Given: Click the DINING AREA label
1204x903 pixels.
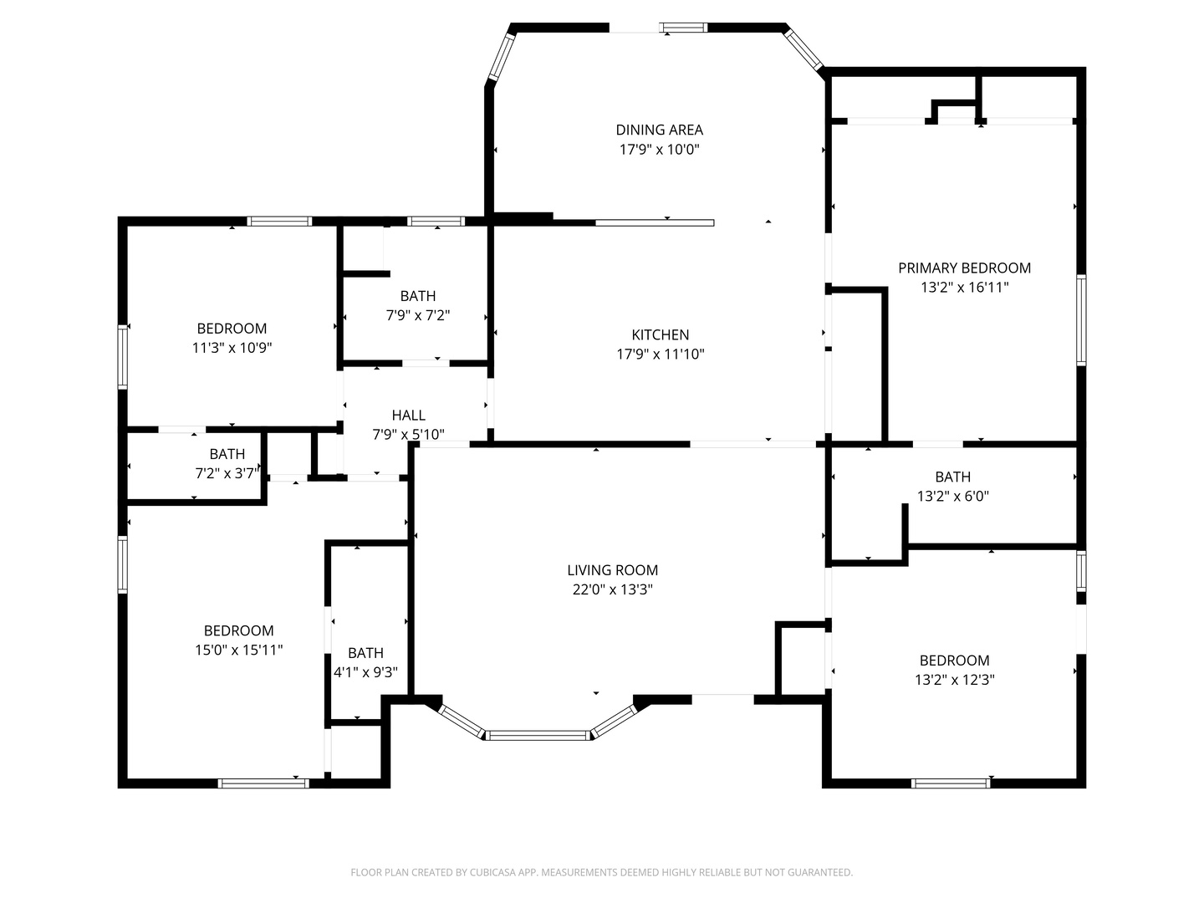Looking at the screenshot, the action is click(x=660, y=130).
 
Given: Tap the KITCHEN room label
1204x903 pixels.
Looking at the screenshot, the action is click(x=660, y=334).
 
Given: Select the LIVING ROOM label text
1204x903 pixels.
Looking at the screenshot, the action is click(x=612, y=570).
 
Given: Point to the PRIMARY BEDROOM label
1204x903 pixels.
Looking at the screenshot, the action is click(x=964, y=268).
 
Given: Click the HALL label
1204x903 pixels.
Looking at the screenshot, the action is click(x=409, y=415).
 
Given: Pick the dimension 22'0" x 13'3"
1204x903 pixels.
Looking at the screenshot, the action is click(x=612, y=589).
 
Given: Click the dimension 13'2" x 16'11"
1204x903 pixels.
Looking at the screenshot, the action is click(x=964, y=288).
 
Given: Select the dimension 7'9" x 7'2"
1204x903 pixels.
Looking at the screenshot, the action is click(x=418, y=315).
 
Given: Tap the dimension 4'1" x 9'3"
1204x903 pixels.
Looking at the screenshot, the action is click(x=366, y=672).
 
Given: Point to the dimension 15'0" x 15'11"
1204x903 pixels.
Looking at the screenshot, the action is click(x=238, y=650).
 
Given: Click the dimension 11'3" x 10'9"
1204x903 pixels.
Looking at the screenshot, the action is click(x=232, y=348).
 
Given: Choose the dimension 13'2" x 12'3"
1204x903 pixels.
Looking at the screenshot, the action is click(x=955, y=680).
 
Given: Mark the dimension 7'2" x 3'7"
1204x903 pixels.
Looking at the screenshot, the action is click(x=227, y=473).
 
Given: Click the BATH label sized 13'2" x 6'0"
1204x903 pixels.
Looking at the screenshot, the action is click(x=953, y=477).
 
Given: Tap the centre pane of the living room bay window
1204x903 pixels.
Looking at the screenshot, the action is click(x=538, y=735).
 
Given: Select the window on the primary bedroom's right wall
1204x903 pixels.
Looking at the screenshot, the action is click(x=1080, y=320).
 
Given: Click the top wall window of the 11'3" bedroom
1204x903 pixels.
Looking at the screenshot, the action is click(x=279, y=222).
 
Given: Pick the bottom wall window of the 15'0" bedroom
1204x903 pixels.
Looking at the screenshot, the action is click(x=263, y=783).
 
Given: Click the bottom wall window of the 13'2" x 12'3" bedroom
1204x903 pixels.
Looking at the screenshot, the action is click(x=951, y=783).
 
